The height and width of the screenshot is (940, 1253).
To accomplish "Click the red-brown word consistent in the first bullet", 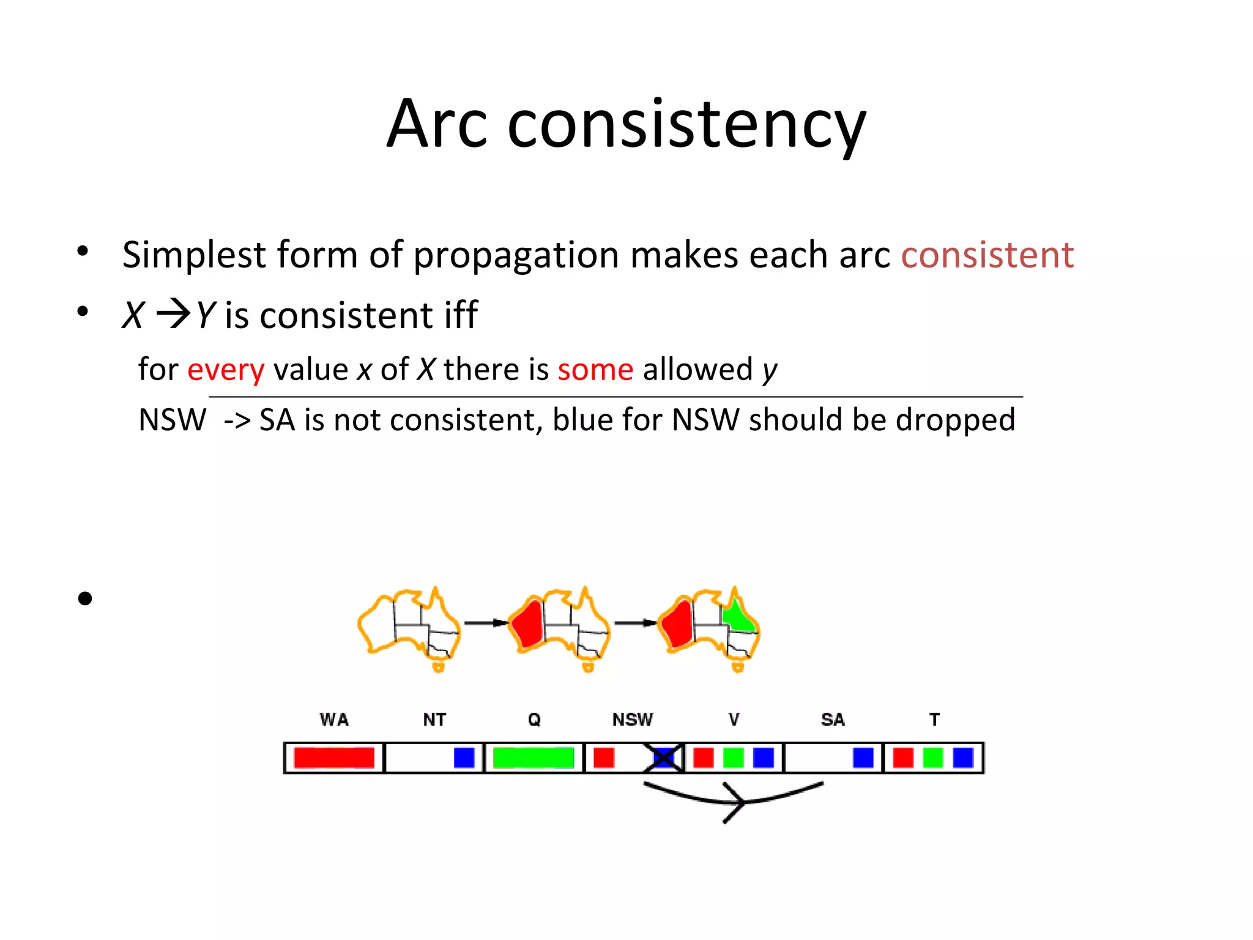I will tap(987, 255).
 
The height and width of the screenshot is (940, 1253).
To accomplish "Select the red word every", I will tap(226, 370).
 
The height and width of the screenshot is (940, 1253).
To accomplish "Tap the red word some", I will tap(595, 370).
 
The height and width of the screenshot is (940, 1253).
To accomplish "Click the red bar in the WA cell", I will tap(333, 758).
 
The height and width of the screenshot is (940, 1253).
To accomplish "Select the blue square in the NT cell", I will tap(464, 758).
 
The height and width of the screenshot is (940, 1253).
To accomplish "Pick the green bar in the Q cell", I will tap(533, 758).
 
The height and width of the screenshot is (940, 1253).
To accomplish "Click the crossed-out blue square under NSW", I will tap(663, 758).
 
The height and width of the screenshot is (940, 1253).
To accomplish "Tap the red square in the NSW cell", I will tap(603, 758).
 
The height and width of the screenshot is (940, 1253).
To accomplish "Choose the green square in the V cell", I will tap(733, 758).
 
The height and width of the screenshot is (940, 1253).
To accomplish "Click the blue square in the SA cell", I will tap(863, 758).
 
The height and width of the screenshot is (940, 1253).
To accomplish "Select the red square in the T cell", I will tap(902, 758).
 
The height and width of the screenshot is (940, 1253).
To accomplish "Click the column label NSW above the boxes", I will tap(633, 720).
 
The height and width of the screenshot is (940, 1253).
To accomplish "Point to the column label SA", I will tap(833, 720).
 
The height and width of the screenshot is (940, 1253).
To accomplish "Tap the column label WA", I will tap(334, 720).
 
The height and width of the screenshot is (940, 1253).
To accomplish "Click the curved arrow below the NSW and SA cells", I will tap(734, 799).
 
